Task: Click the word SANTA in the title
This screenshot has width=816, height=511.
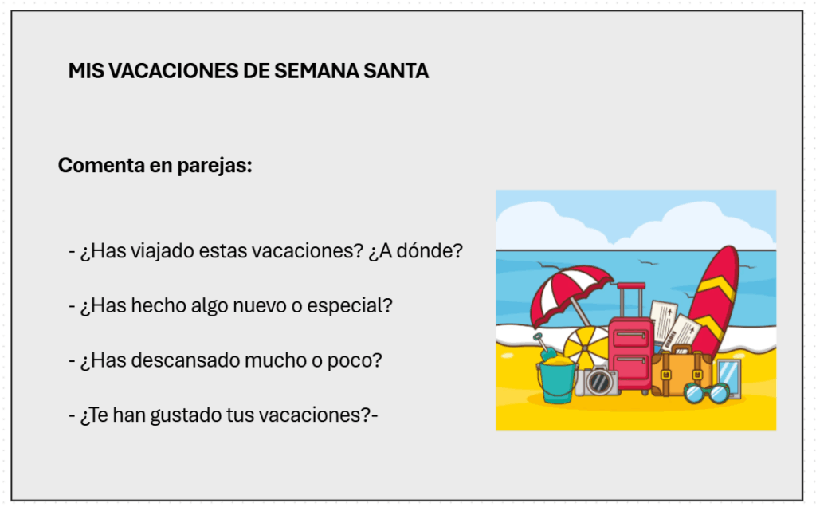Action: (396, 71)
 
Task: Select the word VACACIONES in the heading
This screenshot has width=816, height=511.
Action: (173, 71)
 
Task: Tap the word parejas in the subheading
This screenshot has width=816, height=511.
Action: (214, 166)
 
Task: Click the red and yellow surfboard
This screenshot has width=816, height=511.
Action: (713, 302)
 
